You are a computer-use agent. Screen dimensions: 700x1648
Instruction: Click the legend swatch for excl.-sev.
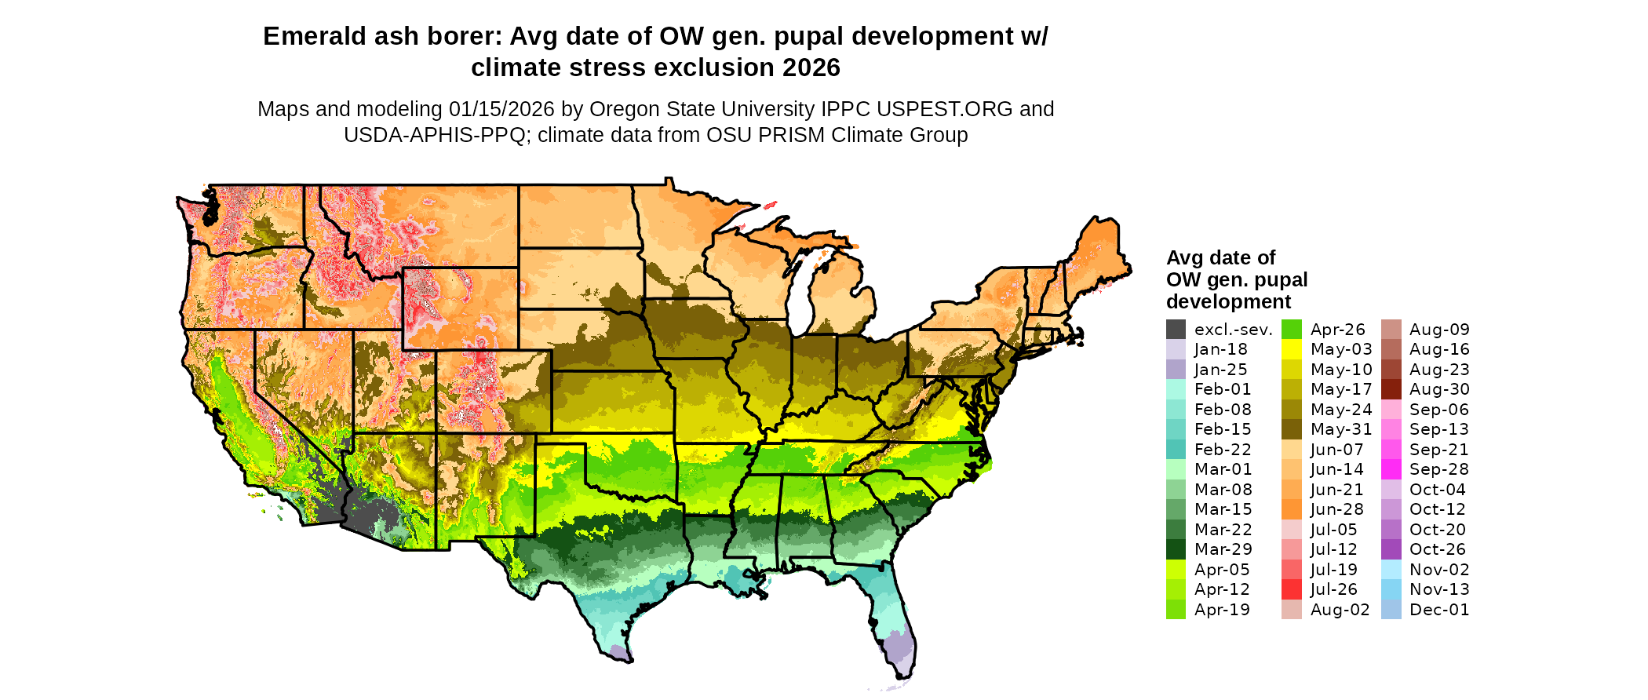click(x=1176, y=330)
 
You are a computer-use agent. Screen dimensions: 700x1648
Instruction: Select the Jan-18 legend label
click(x=1220, y=349)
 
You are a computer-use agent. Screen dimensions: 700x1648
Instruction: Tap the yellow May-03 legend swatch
click(x=1292, y=349)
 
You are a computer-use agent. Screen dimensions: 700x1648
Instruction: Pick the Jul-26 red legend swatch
click(x=1292, y=589)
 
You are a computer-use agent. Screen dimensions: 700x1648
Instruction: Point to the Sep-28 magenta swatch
click(x=1391, y=469)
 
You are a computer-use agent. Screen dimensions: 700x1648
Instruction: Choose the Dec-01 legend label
click(x=1438, y=610)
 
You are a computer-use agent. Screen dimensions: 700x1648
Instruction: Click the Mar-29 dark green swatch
click(x=1176, y=549)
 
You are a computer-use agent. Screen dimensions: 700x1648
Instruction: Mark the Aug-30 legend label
click(x=1438, y=389)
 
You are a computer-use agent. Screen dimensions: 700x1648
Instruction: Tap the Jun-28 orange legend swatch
click(x=1292, y=509)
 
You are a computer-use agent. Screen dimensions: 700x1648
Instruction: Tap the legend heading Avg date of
click(x=1220, y=257)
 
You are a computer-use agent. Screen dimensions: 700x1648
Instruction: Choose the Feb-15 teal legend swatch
click(x=1176, y=429)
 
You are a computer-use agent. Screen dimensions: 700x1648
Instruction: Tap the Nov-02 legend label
click(x=1438, y=570)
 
